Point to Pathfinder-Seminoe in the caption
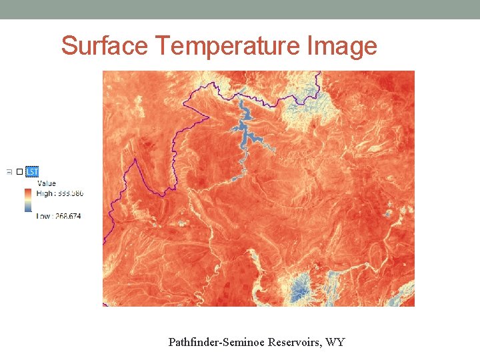[x=217, y=343]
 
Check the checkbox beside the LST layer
[x=19, y=172]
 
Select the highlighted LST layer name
[x=32, y=172]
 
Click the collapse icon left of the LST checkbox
[x=9, y=172]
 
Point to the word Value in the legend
[x=47, y=183]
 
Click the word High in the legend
[x=45, y=193]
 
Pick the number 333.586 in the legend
[x=71, y=193]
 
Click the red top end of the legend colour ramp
[x=27, y=191]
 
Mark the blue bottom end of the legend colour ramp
[x=27, y=209]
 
